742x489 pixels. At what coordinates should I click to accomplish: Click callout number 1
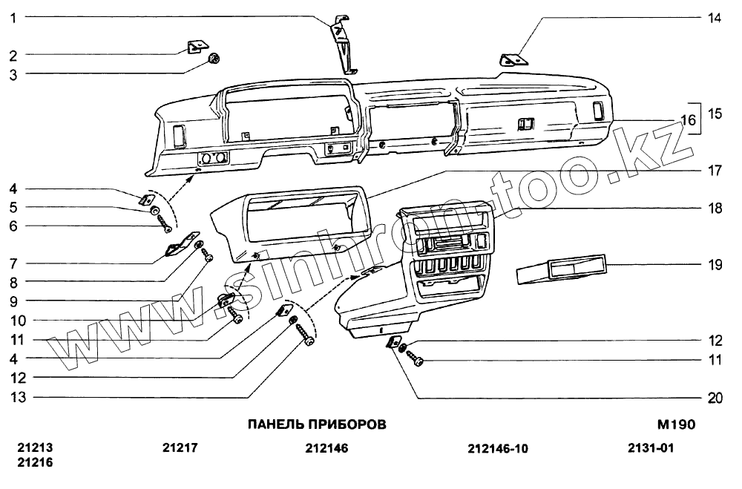point(13,16)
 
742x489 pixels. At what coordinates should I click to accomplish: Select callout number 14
point(715,17)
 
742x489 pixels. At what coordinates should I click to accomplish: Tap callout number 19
point(715,264)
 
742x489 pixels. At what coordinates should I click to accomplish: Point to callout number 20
point(715,398)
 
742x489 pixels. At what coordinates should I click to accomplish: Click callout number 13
point(18,397)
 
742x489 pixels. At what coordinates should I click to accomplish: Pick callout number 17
point(715,171)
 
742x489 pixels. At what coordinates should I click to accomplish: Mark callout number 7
point(13,263)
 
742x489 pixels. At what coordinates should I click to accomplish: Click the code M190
point(675,425)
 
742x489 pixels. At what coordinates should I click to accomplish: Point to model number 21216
point(35,462)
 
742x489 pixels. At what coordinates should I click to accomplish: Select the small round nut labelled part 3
point(215,59)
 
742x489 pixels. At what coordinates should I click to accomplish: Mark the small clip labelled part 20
point(391,342)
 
